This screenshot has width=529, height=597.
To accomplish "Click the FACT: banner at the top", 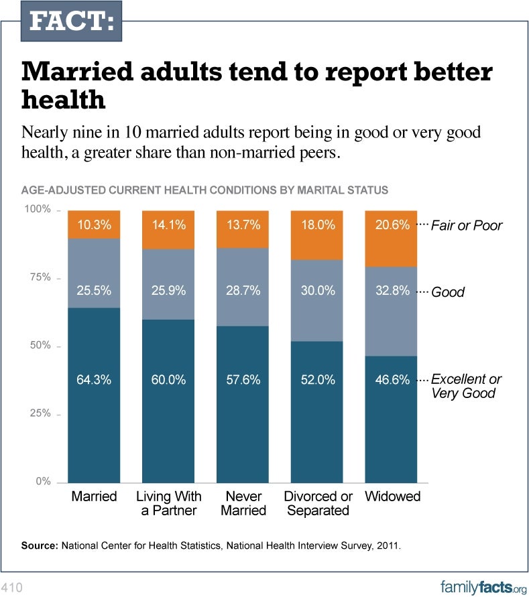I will [x=71, y=21].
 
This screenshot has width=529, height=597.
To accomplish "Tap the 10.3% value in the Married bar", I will [x=94, y=225].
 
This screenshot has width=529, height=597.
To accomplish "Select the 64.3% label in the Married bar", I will [x=94, y=380].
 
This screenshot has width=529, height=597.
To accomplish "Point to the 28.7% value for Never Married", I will [x=242, y=291].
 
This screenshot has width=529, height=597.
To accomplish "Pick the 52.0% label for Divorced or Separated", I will [x=317, y=380].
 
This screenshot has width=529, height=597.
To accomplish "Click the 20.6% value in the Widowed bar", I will [x=392, y=225].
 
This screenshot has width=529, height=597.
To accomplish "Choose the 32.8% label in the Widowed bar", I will [x=392, y=291].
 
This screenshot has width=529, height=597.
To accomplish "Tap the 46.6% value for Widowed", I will [x=392, y=380].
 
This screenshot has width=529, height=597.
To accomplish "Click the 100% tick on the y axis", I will [x=38, y=210].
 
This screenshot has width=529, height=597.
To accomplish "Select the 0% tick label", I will [x=43, y=482].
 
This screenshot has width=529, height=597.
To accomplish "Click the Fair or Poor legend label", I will [x=466, y=226].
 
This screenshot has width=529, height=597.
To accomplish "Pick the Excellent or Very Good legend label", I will [x=465, y=386].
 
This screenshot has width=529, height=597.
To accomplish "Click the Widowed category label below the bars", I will [x=392, y=496].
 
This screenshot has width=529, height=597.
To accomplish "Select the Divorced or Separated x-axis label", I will [x=318, y=503].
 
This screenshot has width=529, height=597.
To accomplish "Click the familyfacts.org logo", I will [x=482, y=587].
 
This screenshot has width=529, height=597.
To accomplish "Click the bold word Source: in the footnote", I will [x=40, y=546].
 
